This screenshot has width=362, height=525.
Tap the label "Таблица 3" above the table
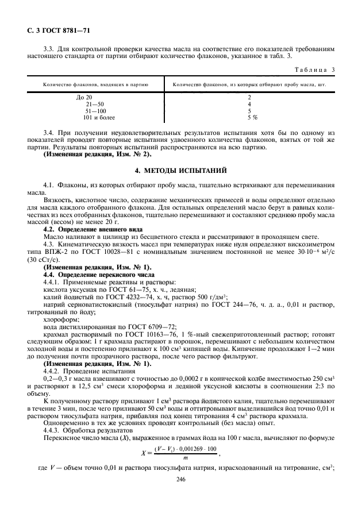coord(315,70)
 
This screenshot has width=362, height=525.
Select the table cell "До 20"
coord(84,97)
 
